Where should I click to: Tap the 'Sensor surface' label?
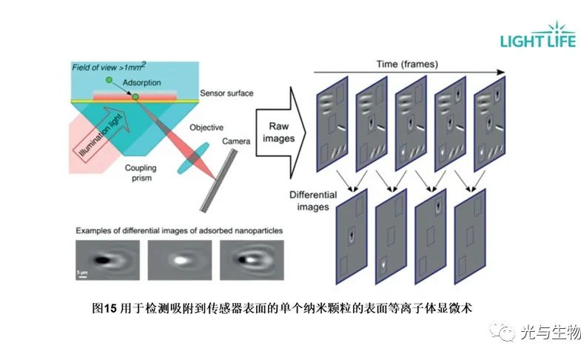click(x=226, y=93)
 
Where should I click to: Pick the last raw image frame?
click(x=492, y=119)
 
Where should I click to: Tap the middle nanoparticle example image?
click(x=179, y=259)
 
